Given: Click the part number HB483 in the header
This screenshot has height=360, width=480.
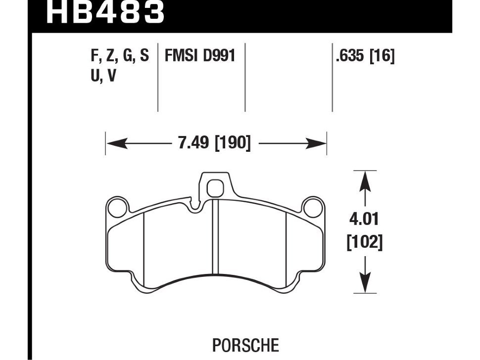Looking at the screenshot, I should coord(105,12).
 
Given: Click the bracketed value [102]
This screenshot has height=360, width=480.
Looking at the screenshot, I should coord(365,242).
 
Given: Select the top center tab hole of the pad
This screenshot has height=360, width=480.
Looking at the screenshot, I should coord(215,187).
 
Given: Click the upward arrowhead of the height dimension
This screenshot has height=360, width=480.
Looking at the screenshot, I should coord(365,180).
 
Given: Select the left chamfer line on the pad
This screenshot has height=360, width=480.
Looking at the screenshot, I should coord(143,247).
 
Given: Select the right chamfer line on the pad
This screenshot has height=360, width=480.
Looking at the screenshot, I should coord(287,247).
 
